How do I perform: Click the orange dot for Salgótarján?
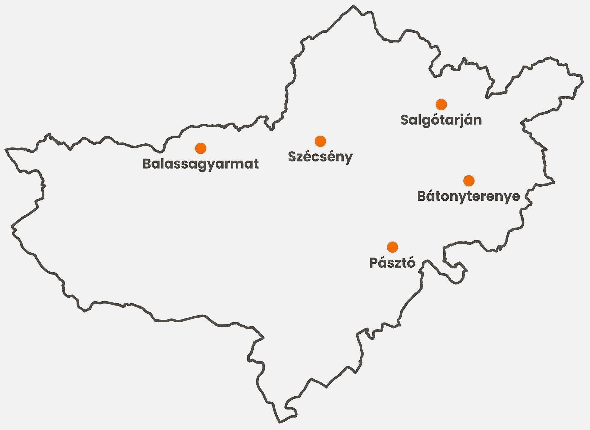441,104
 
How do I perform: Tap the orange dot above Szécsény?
320,141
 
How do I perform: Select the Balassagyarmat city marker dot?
201,148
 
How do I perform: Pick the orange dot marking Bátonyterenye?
469,181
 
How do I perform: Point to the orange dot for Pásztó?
392,247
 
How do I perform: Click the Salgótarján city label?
441,120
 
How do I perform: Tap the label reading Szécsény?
320,157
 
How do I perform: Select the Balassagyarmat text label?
201,164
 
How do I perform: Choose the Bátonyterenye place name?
469,196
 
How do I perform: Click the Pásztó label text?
392,263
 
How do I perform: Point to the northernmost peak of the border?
353,6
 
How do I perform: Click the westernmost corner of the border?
6,149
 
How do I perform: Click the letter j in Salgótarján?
461,121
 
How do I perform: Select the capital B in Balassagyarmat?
147,164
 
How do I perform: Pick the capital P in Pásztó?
373,263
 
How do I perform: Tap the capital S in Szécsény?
292,157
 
